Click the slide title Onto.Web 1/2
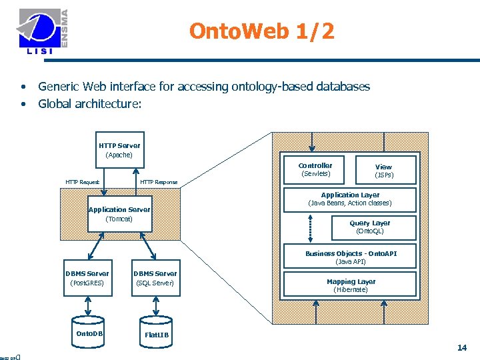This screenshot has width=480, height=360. [x=262, y=31]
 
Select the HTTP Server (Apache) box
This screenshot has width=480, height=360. [x=119, y=150]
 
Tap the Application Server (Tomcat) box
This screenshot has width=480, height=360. [x=119, y=214]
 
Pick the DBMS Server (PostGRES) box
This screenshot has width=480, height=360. [x=87, y=278]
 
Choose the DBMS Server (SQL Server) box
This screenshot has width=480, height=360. [x=155, y=278]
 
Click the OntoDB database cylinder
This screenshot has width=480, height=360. [x=89, y=332]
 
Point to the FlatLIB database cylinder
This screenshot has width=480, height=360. [x=157, y=333]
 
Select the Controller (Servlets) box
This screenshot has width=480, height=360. [x=315, y=170]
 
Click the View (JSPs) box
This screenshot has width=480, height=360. [x=383, y=171]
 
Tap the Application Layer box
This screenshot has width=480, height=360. [x=350, y=199]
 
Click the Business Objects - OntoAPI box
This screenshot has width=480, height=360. [x=350, y=257]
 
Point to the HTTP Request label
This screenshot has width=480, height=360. [x=82, y=182]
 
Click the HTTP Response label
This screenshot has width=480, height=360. [x=159, y=182]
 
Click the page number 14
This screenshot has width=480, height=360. [x=461, y=347]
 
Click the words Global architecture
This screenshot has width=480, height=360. [x=89, y=103]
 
